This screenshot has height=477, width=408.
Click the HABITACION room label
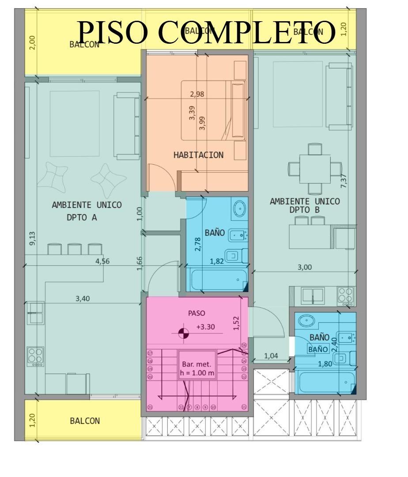198,155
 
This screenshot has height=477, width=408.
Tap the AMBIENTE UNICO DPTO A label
87,211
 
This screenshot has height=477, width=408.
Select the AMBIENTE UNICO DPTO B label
305,206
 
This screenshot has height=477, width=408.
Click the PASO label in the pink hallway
196,313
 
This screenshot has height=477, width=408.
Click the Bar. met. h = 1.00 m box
197,368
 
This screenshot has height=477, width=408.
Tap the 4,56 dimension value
102,261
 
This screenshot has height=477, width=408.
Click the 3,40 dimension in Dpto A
83,299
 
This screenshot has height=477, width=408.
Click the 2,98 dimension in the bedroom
197,94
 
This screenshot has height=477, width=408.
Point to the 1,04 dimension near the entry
271,356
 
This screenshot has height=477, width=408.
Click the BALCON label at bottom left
85,421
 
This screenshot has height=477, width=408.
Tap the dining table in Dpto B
315,168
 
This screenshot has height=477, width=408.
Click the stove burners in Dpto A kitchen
35,356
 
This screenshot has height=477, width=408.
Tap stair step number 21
150,407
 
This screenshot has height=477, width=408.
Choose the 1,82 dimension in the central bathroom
217,261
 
